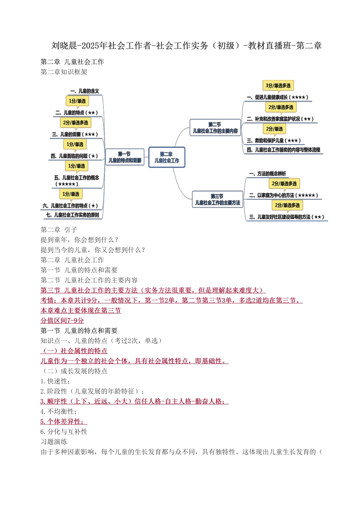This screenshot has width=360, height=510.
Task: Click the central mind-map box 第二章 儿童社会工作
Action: click(167, 157)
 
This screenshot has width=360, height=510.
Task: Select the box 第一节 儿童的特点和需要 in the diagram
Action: click(125, 157)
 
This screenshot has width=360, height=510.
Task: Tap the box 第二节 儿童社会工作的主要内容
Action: click(215, 127)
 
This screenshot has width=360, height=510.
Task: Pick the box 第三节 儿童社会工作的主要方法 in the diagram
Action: click(218, 199)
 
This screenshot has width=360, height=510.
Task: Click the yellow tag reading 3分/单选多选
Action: click(278, 86)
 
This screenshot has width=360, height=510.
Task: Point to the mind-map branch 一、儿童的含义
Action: click(84, 91)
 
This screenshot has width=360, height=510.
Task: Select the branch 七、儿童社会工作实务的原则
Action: click(72, 215)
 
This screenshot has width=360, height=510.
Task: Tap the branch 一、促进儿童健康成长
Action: click(277, 97)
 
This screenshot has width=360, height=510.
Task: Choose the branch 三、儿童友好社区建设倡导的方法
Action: click(286, 217)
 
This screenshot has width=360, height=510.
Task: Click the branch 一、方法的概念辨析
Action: click(267, 174)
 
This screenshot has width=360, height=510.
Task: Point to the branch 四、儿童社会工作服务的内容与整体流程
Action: click(283, 150)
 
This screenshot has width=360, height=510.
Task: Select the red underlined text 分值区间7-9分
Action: click(62, 320)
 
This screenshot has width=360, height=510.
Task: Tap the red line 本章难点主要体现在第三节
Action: click(81, 310)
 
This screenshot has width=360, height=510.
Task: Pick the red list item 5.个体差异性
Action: click(64, 421)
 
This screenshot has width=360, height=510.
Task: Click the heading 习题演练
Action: click(54, 442)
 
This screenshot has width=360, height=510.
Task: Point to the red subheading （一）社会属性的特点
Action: click(74, 351)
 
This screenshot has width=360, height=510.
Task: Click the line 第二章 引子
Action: click(59, 229)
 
